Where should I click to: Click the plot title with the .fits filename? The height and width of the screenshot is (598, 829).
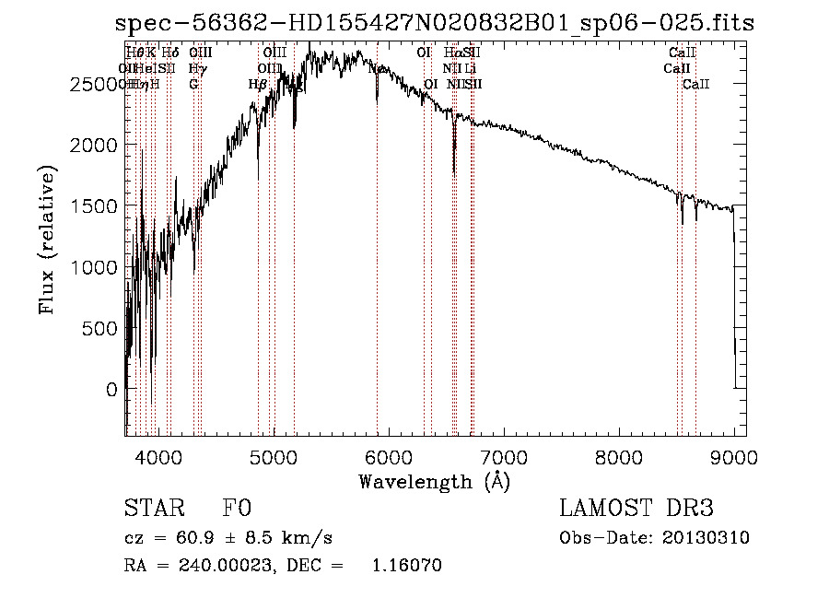pos(434,24)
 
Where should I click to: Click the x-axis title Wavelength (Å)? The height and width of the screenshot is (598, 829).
pos(434,481)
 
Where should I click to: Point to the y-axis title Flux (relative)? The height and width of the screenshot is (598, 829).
pos(47,240)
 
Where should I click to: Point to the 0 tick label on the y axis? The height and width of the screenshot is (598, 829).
pos(111,390)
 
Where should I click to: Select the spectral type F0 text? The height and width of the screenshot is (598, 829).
pos(237,509)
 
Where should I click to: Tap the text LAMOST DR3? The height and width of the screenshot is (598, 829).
pos(636,509)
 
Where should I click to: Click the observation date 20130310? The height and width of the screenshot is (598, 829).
pos(706,538)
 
